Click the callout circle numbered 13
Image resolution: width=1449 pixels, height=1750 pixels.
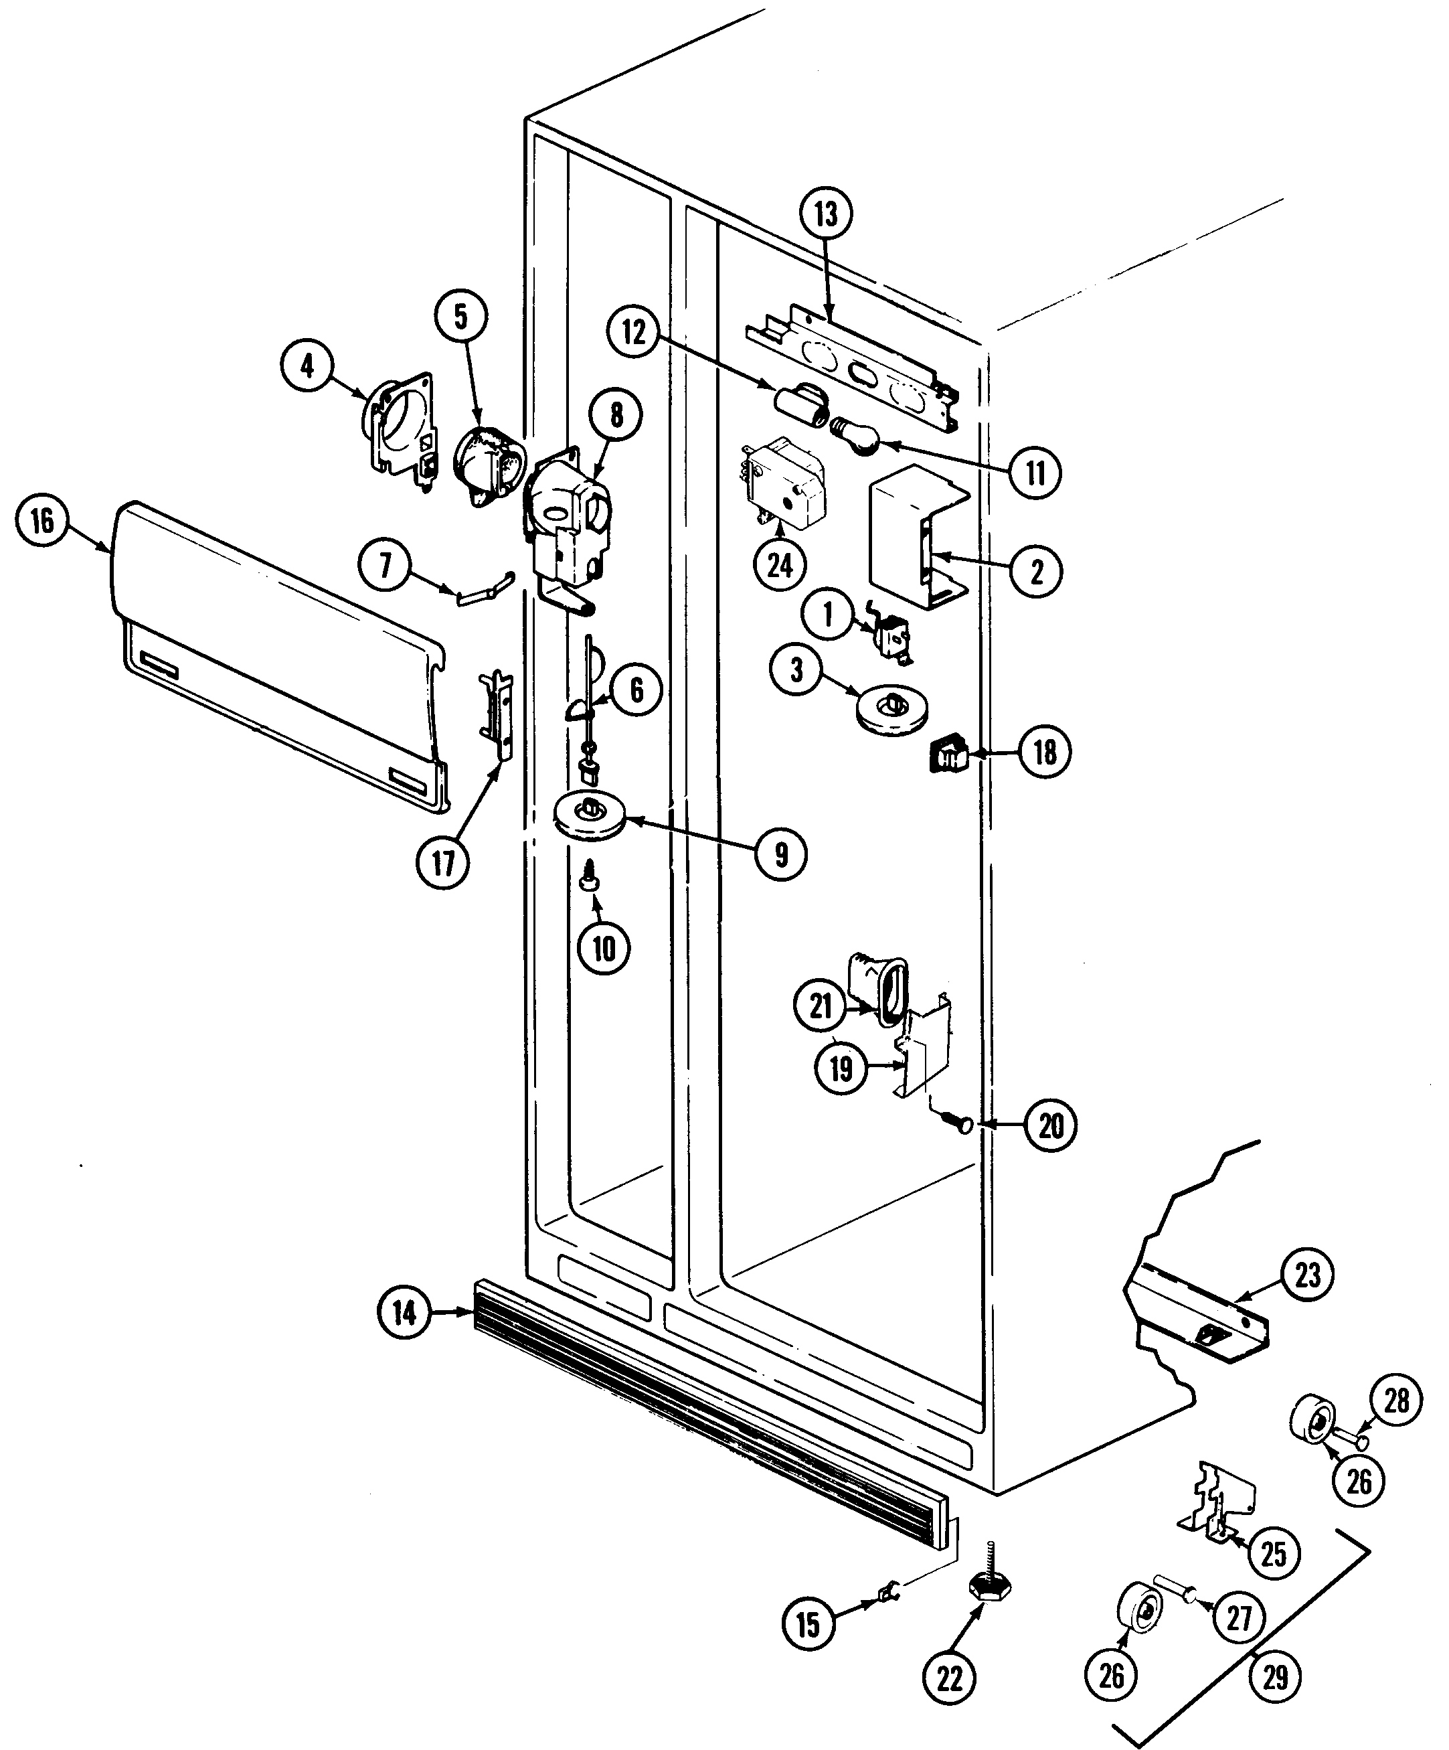pos(825,214)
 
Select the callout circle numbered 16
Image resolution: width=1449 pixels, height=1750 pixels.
pos(42,522)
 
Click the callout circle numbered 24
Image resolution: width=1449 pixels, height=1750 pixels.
pos(780,566)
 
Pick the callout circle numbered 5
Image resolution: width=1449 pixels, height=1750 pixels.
pos(460,316)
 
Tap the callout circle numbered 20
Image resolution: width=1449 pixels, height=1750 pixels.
pos(1051,1126)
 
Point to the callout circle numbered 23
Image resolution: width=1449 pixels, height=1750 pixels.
pos(1307,1275)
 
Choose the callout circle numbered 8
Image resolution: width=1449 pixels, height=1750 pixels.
pos(616,416)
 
